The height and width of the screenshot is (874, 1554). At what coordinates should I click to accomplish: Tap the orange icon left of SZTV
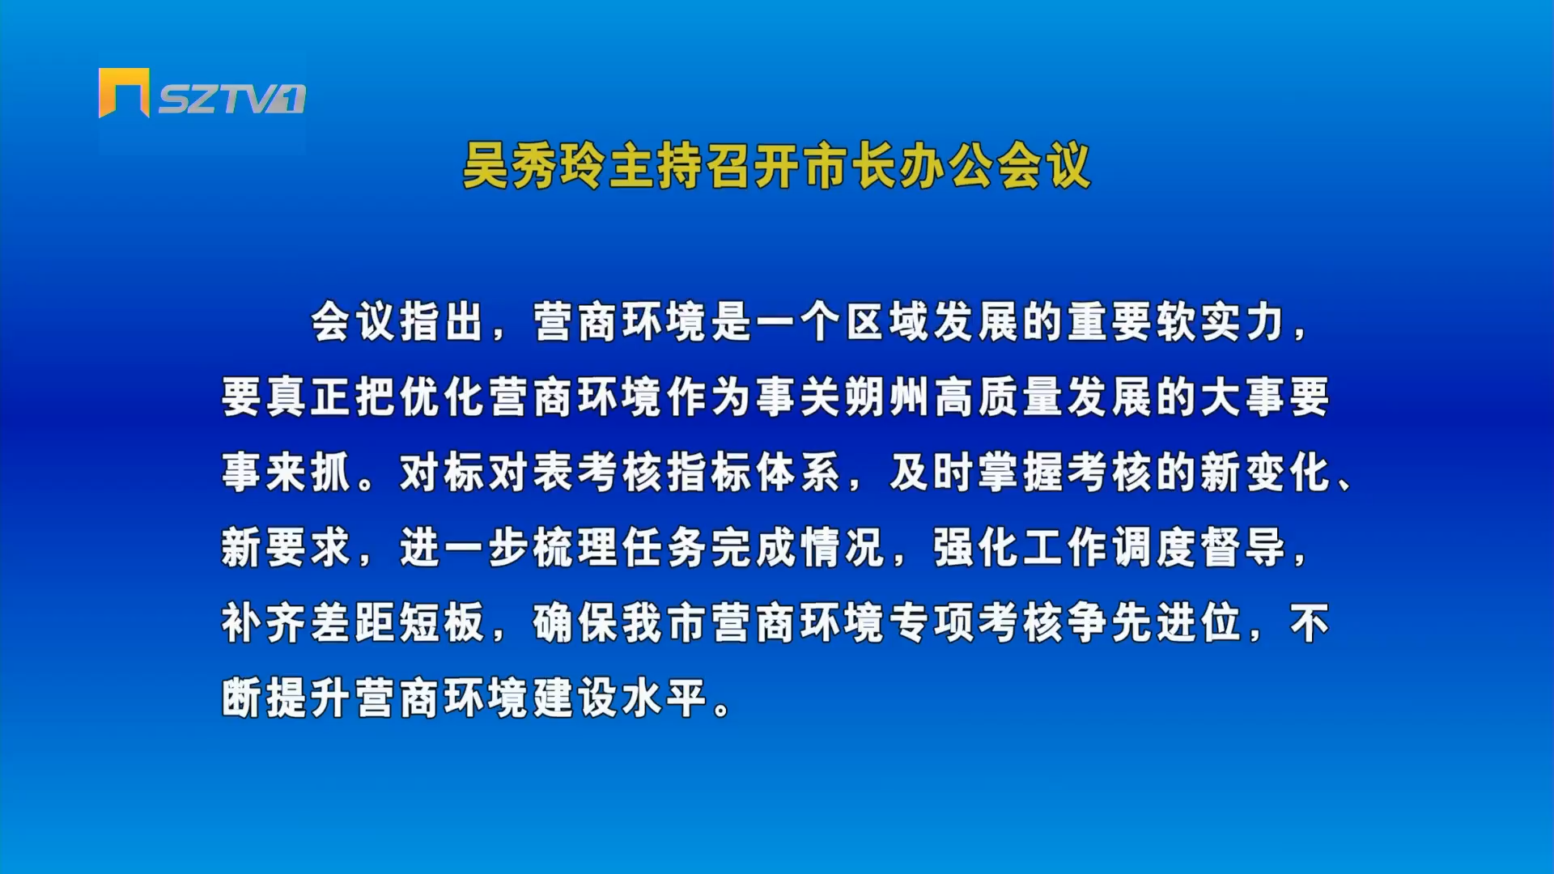124,92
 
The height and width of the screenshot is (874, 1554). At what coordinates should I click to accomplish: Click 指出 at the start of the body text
443,322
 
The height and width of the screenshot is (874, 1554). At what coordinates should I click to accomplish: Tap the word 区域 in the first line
888,322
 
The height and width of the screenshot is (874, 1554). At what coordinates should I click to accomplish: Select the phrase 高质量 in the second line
998,397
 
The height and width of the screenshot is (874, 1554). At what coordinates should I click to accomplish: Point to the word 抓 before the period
330,473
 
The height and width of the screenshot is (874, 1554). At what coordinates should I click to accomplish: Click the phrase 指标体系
754,473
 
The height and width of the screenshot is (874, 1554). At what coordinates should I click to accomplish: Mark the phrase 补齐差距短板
354,623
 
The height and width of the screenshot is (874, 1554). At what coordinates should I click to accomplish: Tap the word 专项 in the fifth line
932,623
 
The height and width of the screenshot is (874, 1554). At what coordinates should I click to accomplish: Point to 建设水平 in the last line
621,698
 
